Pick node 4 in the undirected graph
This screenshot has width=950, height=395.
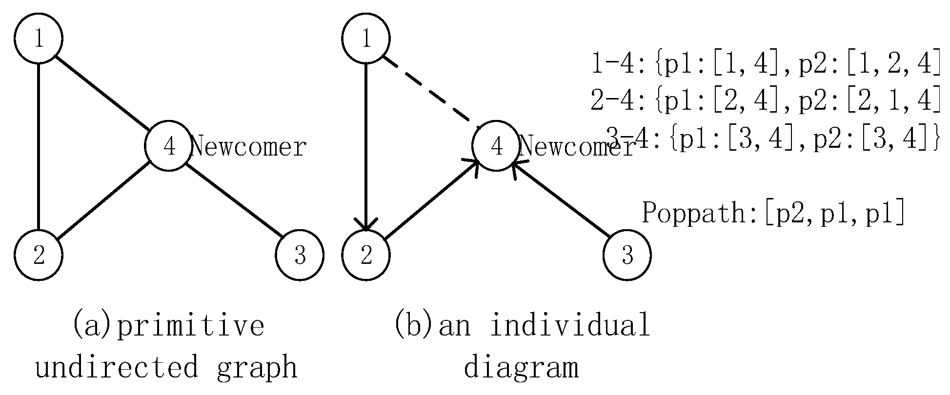169,146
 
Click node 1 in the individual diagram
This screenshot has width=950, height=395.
366,39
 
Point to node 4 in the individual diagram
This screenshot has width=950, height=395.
496,146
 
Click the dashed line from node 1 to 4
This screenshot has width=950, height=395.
429,90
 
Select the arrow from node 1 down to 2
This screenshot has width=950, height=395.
366,146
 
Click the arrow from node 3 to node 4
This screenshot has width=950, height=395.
561,200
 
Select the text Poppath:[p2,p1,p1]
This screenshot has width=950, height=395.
773,213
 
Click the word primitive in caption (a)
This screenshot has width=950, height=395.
190,326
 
